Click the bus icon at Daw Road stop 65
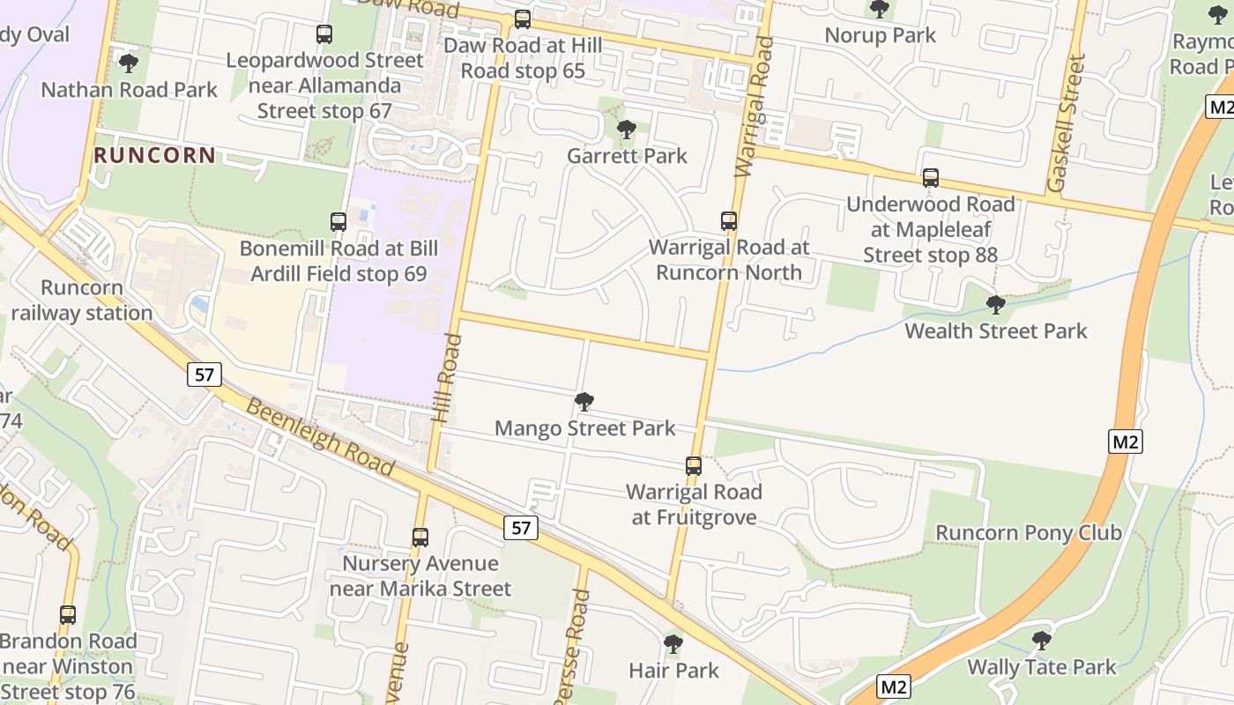click(523, 19)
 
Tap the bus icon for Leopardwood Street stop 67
click(324, 34)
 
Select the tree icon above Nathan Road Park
click(129, 63)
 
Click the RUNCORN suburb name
click(154, 155)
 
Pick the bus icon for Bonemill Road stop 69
click(338, 221)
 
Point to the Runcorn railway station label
click(82, 301)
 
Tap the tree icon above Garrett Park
click(627, 130)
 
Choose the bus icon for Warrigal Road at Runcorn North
click(729, 221)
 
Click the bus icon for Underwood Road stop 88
click(931, 178)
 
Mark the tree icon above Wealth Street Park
click(996, 305)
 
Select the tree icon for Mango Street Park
click(584, 402)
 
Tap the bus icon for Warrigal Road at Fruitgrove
click(694, 465)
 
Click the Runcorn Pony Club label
click(1028, 532)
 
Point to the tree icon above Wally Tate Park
click(1042, 640)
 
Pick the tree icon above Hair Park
click(673, 644)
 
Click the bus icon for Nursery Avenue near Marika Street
click(420, 537)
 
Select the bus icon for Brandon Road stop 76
click(68, 614)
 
